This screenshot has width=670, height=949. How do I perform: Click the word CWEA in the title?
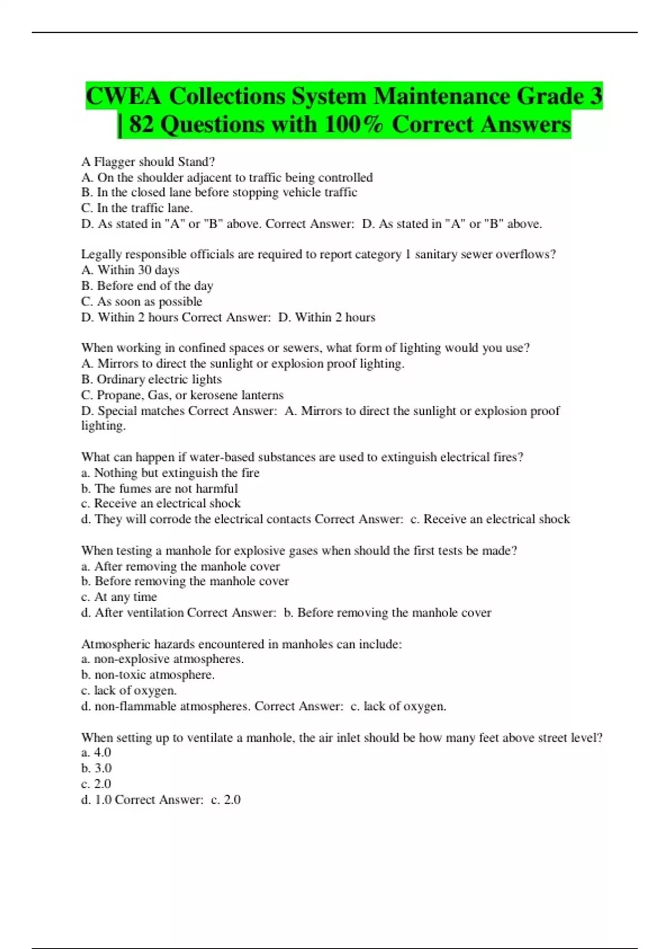tap(123, 96)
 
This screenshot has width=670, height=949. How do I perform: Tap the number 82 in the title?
tap(141, 124)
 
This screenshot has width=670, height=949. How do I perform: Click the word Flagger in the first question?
tap(114, 162)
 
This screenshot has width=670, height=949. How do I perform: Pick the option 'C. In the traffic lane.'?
tap(137, 208)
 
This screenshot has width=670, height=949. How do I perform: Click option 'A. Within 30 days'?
tap(130, 270)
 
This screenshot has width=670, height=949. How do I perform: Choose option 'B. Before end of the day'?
tap(147, 286)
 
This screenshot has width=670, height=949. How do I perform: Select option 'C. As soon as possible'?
tap(141, 301)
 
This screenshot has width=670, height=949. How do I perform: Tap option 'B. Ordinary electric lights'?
tap(151, 380)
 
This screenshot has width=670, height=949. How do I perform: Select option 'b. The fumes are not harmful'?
tap(159, 488)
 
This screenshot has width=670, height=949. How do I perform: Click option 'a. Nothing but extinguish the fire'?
tap(170, 473)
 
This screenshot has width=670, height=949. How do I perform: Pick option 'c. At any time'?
tap(118, 597)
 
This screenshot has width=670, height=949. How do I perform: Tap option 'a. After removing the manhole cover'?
tap(180, 567)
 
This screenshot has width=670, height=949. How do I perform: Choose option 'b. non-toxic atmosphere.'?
tap(147, 675)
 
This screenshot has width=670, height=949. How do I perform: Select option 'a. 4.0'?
tap(96, 753)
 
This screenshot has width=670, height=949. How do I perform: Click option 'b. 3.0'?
tap(96, 768)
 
